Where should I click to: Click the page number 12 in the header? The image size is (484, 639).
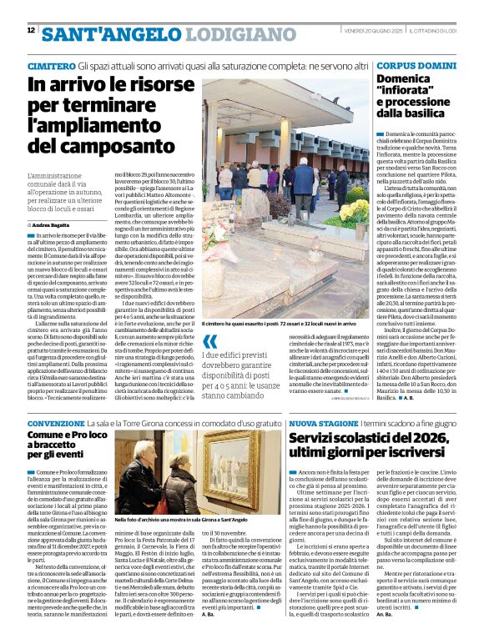31,30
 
